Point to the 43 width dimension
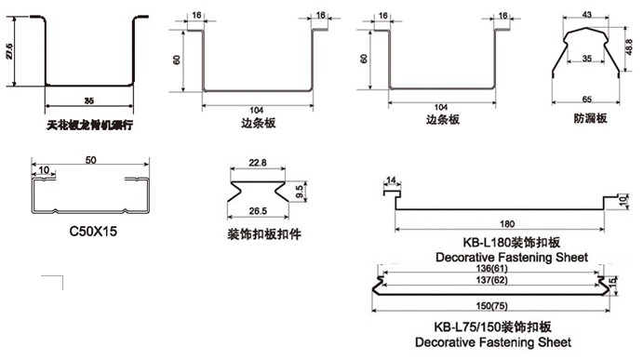point(587,16)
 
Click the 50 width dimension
point(90,161)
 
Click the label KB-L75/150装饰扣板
point(494,327)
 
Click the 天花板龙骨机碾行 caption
point(89,122)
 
